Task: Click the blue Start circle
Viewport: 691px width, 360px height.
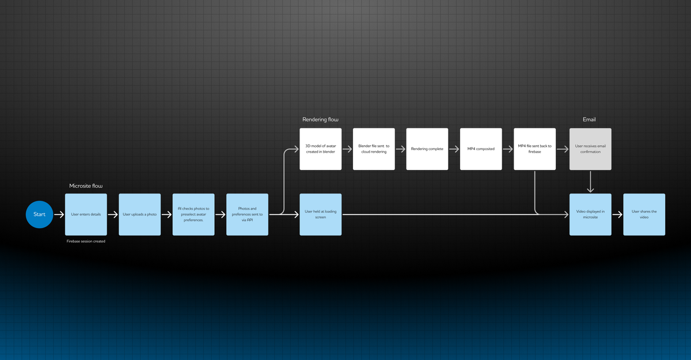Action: (x=39, y=214)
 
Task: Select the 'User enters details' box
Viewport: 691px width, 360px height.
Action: (x=86, y=214)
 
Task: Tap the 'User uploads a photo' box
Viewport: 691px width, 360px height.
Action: (x=139, y=214)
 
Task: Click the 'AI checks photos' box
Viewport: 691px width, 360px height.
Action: (x=193, y=214)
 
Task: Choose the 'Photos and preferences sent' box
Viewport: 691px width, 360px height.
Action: (x=247, y=214)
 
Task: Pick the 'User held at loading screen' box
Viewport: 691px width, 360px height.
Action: (x=320, y=214)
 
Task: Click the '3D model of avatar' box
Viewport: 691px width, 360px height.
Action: (x=320, y=149)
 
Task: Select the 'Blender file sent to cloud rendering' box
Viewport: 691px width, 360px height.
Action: (x=374, y=149)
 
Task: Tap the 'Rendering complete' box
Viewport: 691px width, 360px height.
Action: (x=427, y=149)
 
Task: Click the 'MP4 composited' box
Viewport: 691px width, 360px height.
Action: (x=481, y=149)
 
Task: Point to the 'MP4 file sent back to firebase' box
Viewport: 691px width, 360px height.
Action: (x=534, y=149)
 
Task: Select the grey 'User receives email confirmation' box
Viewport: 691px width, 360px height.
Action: (x=590, y=149)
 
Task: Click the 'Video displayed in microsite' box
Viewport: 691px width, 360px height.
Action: (x=590, y=214)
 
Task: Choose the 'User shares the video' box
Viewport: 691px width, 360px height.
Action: (x=644, y=214)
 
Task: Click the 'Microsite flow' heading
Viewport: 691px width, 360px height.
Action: (x=86, y=186)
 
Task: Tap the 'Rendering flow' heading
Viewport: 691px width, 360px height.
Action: (x=320, y=120)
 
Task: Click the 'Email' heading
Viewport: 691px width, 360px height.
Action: (x=589, y=120)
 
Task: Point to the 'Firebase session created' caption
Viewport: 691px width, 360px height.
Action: (x=86, y=241)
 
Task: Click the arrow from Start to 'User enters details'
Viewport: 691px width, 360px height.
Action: (x=59, y=214)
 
